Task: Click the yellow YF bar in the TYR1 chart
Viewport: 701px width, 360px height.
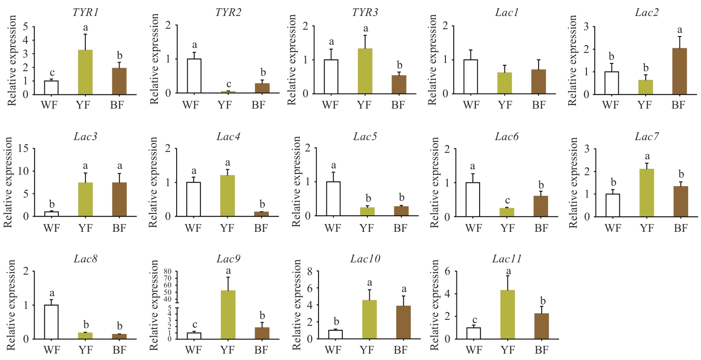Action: tap(85, 72)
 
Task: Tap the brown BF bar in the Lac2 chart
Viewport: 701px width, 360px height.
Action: tap(679, 71)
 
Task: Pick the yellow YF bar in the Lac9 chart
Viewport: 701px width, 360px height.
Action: tap(228, 315)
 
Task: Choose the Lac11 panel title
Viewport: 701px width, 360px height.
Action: tap(507, 260)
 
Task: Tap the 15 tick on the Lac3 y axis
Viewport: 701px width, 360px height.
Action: tap(23, 149)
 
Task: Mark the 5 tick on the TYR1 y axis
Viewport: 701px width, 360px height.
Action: tap(25, 26)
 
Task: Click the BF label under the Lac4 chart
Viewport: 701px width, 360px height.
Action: tap(261, 228)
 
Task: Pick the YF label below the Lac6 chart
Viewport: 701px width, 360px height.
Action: tap(507, 228)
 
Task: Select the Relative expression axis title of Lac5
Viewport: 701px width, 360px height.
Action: tap(297, 182)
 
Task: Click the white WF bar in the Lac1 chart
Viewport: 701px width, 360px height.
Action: tap(471, 77)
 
